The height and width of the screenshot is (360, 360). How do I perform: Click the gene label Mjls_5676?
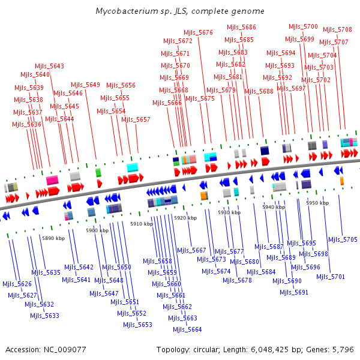(198, 32)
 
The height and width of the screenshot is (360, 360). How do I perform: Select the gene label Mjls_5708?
(337, 29)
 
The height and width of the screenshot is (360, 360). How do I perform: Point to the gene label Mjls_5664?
(187, 329)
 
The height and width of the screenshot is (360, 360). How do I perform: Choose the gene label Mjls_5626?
(17, 284)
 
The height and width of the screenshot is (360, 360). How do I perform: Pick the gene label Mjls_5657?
(136, 119)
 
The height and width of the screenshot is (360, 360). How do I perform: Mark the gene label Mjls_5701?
(331, 277)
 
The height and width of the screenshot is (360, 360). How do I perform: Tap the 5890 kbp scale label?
(53, 238)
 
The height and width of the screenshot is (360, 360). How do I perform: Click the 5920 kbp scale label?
(185, 218)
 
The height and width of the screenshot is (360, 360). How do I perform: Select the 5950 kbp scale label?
(317, 203)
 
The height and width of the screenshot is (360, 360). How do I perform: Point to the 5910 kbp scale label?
(142, 224)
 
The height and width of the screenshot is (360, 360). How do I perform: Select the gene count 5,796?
(344, 349)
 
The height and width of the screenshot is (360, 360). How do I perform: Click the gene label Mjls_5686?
(241, 27)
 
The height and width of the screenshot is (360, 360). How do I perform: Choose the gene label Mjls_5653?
(137, 325)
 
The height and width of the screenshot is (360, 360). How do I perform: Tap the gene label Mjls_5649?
(85, 85)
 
